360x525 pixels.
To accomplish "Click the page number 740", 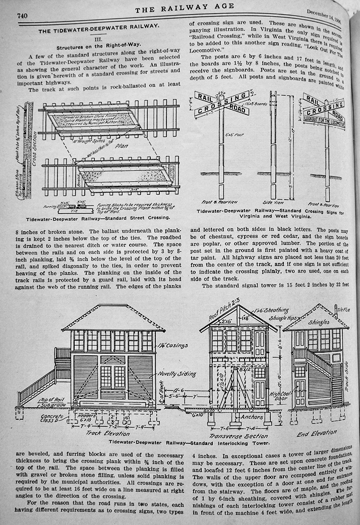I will (22, 16).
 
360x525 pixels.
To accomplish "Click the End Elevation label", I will (317, 432).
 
